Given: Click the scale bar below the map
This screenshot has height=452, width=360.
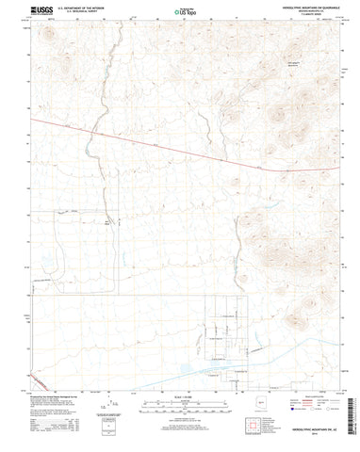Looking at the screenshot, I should tap(179, 409).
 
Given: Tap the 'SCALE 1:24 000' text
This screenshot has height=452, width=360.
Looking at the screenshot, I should tap(179, 401).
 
